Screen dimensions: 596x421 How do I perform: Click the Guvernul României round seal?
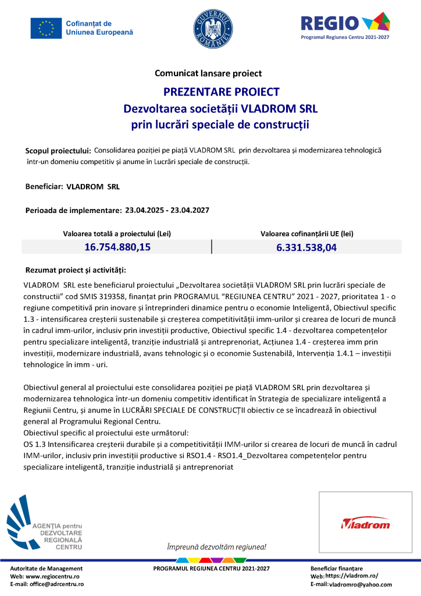pos(212,28)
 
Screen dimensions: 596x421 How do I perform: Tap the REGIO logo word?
pos(329,23)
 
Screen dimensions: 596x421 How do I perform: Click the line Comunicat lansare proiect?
pos(208,73)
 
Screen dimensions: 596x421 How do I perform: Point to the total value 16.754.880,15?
pos(117,247)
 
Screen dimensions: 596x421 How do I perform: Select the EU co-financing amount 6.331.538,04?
pos(306,247)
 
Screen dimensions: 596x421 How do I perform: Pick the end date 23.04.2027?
pos(190,210)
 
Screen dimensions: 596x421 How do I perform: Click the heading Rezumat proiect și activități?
pos(76,271)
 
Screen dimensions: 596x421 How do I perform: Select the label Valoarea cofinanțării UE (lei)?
pos(306,233)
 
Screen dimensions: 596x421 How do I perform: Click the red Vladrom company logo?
pos(365,523)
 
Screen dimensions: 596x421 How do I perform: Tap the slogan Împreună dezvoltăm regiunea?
pos(216,547)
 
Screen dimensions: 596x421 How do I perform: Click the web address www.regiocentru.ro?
pos(53,576)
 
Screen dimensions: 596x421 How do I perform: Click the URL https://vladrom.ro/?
pos(352,576)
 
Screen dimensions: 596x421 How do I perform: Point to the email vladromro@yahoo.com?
pos(361,584)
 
